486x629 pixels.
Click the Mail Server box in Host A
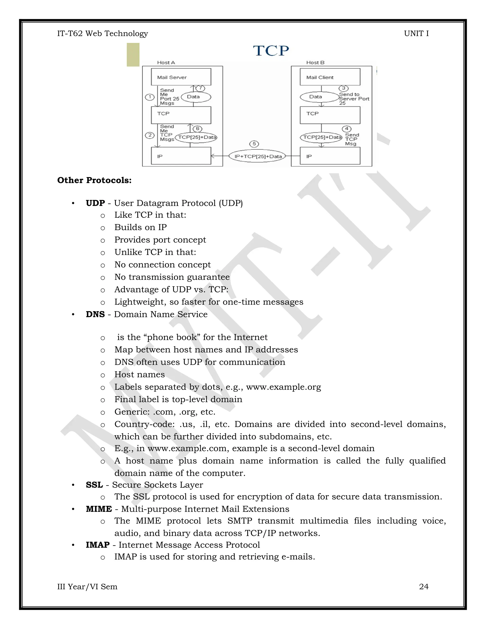181,77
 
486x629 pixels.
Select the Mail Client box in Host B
330,77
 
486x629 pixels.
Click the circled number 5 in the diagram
254,144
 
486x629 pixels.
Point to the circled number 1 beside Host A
150,97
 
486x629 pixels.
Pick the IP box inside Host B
330,156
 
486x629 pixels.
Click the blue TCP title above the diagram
271,51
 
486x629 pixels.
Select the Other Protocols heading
94,180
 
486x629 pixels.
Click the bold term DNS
95,314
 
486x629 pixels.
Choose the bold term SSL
94,485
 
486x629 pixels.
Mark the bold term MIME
99,509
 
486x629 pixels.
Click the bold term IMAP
98,545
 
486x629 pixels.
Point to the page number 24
424,587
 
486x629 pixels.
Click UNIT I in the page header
416,34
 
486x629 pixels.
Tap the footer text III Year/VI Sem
87,587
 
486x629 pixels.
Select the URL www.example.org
283,387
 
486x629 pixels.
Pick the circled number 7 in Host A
200,88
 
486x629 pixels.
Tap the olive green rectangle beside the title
133,55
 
